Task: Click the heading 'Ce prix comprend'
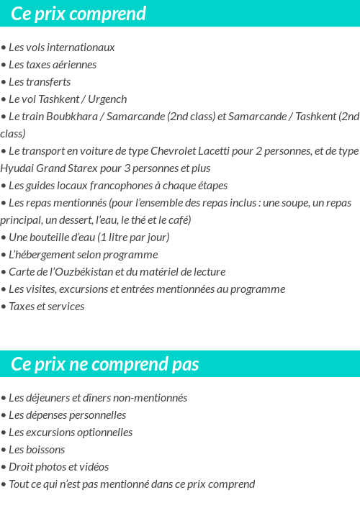(78, 14)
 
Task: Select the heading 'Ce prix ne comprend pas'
(104, 364)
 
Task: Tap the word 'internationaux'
(79, 47)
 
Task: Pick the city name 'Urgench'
(107, 99)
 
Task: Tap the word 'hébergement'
(48, 255)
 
